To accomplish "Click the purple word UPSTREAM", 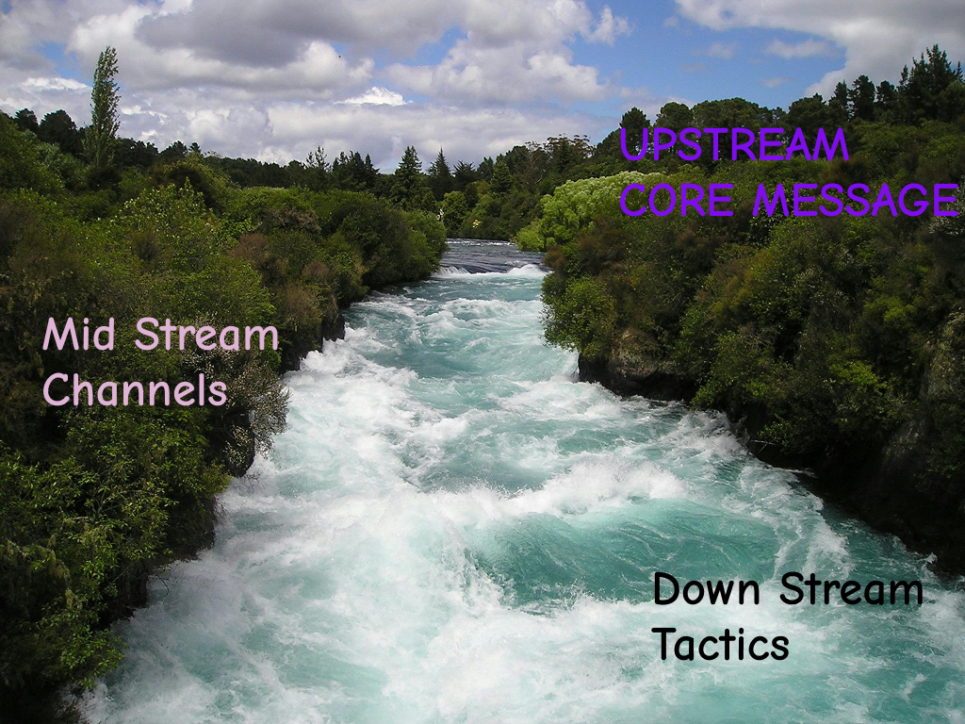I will [733, 145].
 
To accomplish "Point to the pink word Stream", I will [206, 336].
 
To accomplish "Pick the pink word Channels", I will [135, 389].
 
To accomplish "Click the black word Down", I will [707, 590].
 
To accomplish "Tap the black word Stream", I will [851, 590].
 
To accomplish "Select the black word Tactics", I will [721, 644].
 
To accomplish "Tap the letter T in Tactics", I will [664, 644].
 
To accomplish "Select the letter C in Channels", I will [56, 389].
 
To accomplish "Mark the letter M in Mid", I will [60, 336].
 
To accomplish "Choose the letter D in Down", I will [667, 590].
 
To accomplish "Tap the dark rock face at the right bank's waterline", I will [627, 372].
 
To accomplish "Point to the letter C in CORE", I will [633, 200].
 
